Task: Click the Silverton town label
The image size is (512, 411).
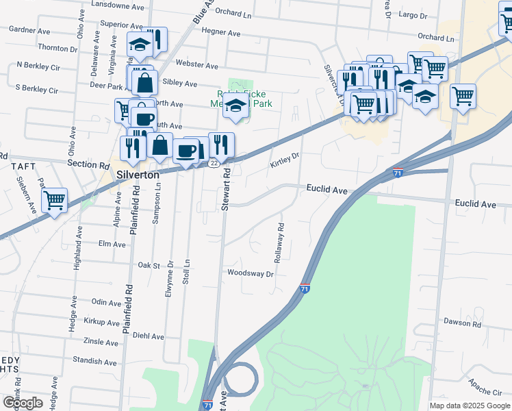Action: (138, 175)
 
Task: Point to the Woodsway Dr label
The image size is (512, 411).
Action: (251, 273)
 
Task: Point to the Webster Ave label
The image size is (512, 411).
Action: (196, 66)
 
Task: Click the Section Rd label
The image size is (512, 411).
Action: (89, 165)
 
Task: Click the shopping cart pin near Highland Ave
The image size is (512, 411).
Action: (54, 201)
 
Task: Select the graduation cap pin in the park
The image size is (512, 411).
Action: (236, 107)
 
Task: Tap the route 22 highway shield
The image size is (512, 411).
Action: (214, 163)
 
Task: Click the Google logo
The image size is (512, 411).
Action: (22, 402)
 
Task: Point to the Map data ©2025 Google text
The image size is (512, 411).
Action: (470, 406)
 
